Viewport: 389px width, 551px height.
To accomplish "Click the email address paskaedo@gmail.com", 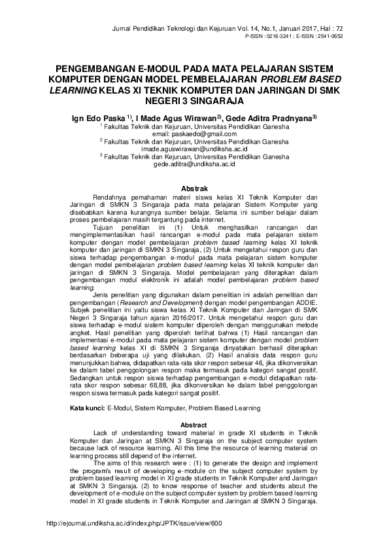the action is (x=194, y=133).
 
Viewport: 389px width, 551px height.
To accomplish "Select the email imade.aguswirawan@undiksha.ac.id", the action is (x=194, y=149).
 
